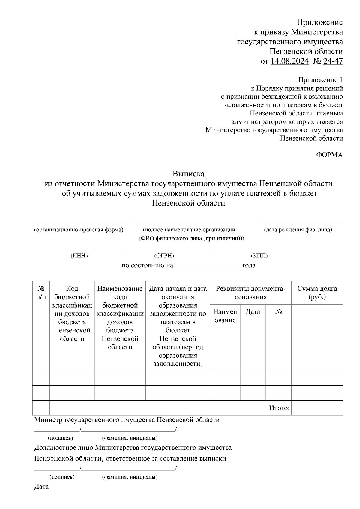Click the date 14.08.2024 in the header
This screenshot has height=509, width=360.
point(289,61)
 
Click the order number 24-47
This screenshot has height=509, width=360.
point(333,61)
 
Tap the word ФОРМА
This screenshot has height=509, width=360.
point(329,155)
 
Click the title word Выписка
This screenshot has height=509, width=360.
point(188,174)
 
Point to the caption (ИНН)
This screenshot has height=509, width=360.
point(79,256)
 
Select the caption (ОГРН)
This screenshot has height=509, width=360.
point(164,256)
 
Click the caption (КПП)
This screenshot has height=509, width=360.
point(259,256)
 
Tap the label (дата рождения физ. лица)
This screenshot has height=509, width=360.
point(298,230)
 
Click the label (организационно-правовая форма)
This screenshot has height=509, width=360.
point(79,230)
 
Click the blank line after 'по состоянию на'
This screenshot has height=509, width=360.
point(207,266)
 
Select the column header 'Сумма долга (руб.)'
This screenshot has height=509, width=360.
point(317,293)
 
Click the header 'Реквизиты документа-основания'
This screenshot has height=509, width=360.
point(250,293)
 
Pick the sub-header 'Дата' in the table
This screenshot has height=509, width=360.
point(253,312)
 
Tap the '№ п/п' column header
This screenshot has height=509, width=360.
point(41,293)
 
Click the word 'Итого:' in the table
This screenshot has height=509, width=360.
point(279,408)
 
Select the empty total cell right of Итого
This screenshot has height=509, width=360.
point(317,408)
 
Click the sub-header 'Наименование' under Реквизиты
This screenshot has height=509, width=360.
point(225,316)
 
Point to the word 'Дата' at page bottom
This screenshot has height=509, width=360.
point(41,487)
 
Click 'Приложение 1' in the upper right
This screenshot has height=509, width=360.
point(320,80)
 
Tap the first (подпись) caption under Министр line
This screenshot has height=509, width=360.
point(61,438)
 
